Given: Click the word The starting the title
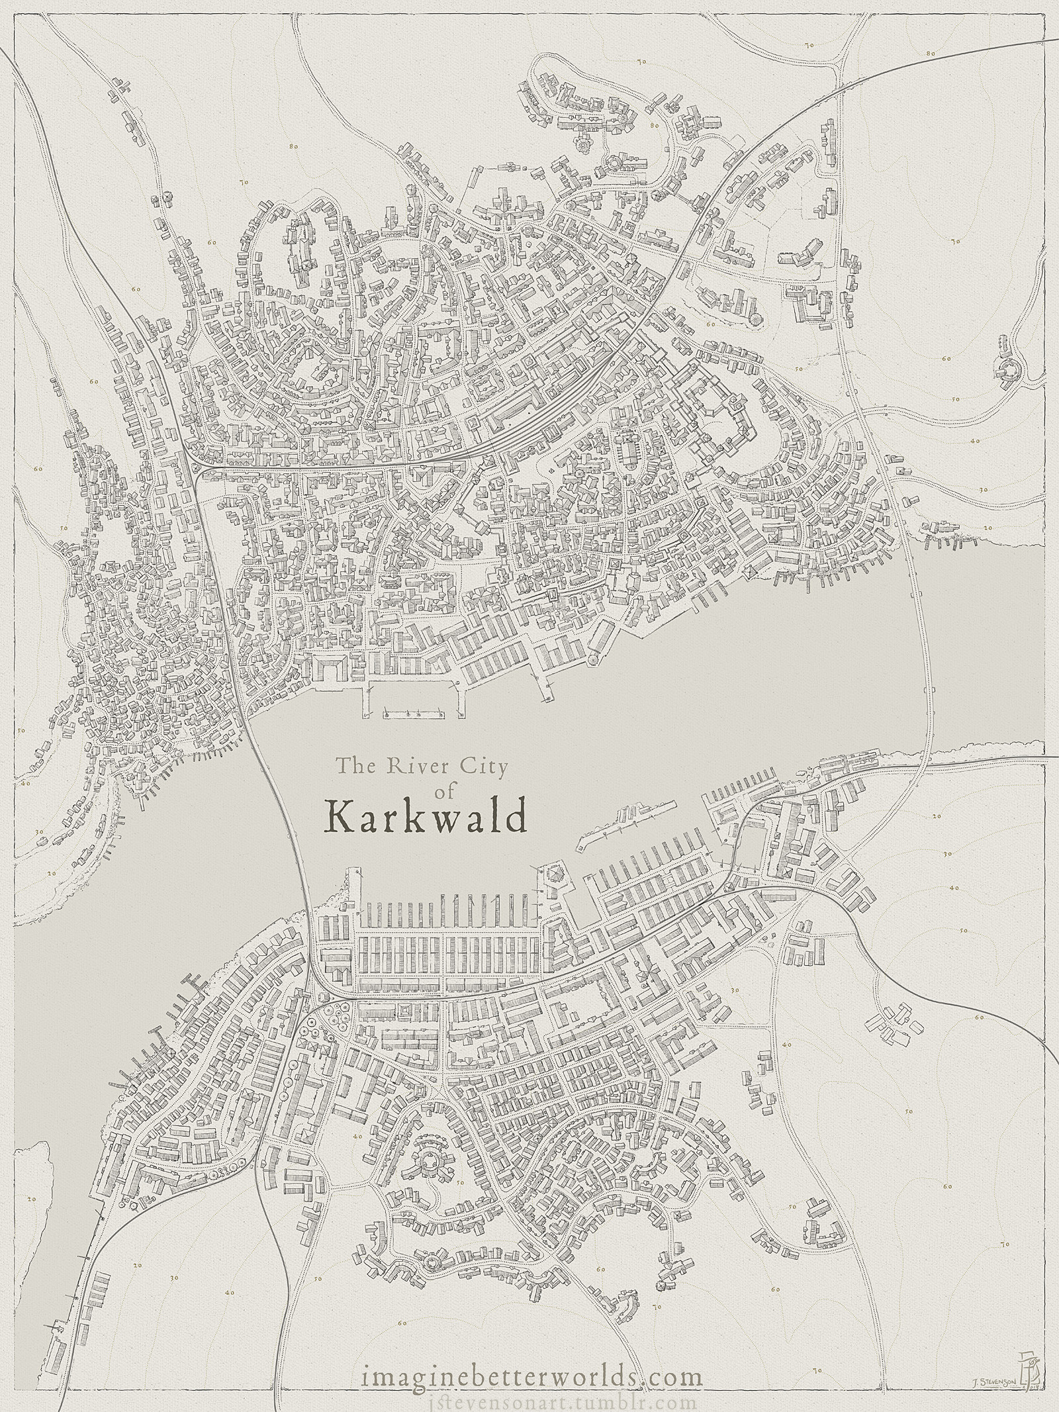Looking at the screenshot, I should (x=351, y=767).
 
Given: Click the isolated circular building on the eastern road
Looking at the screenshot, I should (x=1007, y=368).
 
